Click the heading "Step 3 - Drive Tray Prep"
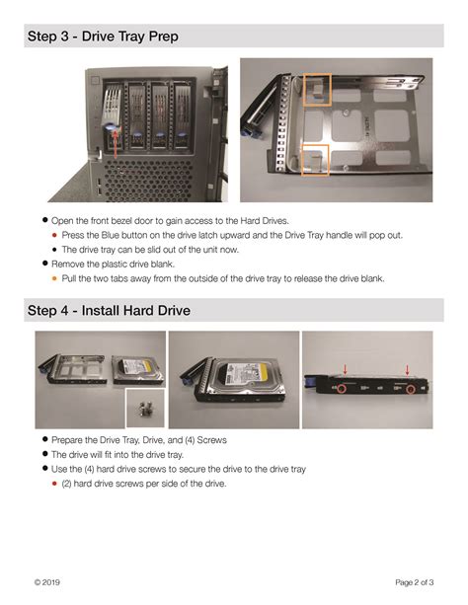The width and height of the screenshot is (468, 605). (x=104, y=37)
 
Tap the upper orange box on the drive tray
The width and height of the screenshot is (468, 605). (x=317, y=90)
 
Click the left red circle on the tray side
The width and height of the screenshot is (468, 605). (x=339, y=388)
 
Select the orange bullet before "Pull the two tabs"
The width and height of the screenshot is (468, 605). (x=54, y=278)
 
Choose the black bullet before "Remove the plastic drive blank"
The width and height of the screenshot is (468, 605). (x=45, y=264)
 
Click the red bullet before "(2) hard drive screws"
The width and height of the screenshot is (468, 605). (x=54, y=484)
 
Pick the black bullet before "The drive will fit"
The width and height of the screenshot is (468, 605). (x=45, y=454)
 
